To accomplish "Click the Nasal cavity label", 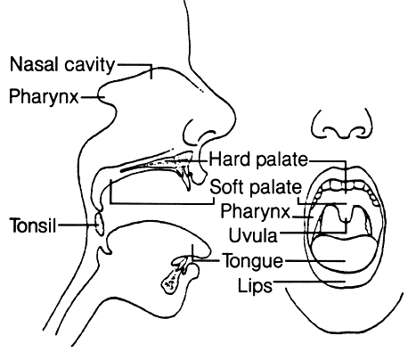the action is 62,64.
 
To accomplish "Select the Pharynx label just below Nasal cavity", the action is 44,96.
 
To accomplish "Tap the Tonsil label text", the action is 33,225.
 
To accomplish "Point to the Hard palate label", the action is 258,160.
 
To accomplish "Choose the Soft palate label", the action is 256,187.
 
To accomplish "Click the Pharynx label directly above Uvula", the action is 256,211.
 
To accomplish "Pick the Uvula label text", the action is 253,235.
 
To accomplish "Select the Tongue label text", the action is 253,261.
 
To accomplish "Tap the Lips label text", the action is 255,286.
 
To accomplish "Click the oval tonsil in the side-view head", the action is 100,224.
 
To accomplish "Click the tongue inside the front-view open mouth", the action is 345,252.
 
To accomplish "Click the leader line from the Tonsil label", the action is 77,225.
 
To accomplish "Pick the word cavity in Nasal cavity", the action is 89,65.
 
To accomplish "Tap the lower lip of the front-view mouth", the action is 346,282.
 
